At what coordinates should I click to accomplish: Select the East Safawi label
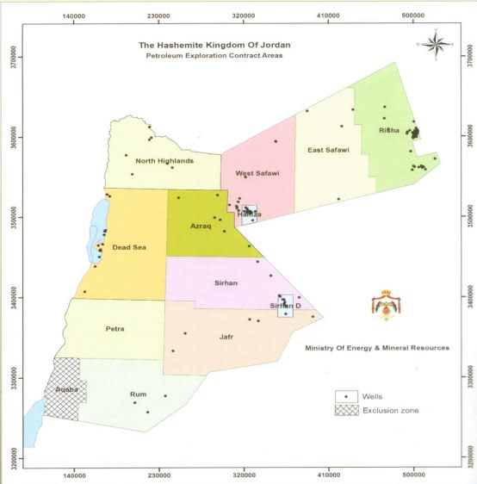click(328, 151)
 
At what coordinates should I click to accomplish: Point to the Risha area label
click(389, 131)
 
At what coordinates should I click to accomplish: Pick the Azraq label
click(207, 226)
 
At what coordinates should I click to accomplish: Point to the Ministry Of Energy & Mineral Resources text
click(377, 348)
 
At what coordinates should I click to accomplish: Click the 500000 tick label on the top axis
click(415, 15)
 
